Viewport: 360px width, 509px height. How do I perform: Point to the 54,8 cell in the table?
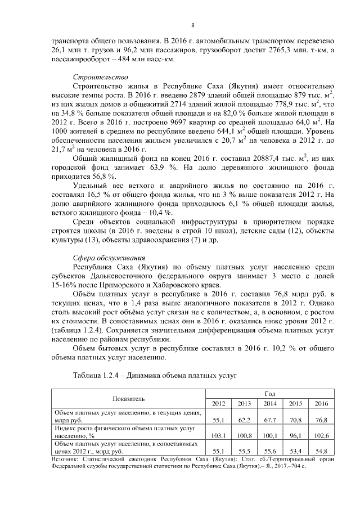(319, 451)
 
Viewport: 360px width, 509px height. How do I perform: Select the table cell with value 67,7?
(269, 420)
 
